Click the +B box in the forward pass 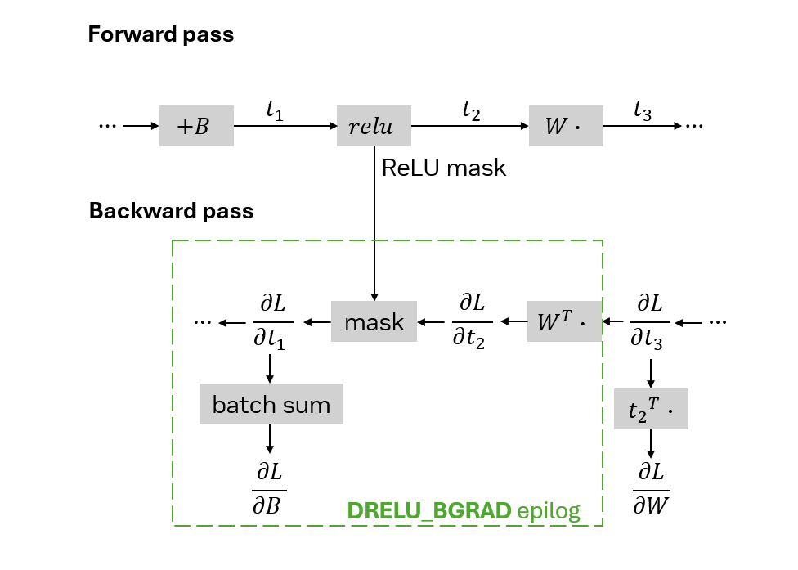coord(196,126)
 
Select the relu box coord(374,126)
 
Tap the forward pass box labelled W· coord(566,126)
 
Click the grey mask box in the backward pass coord(374,321)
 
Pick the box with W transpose coord(564,321)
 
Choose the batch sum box coord(271,404)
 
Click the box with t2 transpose coord(651,409)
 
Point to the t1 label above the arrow coord(275,110)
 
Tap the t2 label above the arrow coord(471,110)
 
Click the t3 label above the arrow coord(643,110)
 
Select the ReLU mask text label coord(444,168)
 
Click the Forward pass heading coord(161,34)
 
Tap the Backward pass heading coord(171,211)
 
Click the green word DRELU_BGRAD coord(429,510)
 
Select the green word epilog coord(549,511)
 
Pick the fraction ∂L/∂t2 coord(471,321)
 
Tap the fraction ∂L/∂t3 coord(649,322)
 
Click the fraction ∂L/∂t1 coord(272,322)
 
